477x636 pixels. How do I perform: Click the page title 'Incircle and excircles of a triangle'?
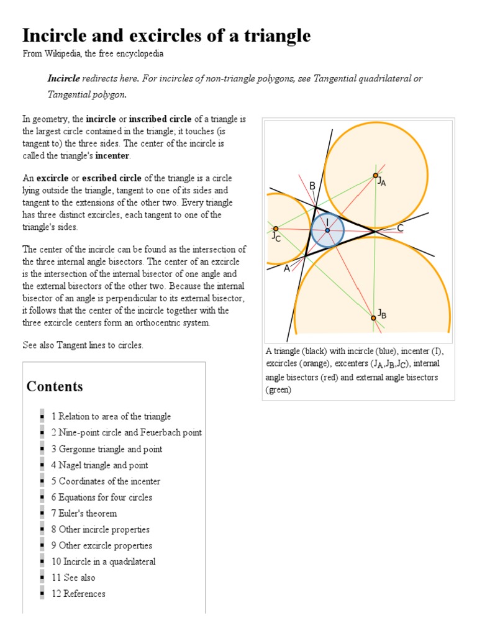coord(166,35)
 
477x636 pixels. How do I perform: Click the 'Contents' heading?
coord(55,386)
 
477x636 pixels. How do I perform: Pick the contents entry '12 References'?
coord(78,594)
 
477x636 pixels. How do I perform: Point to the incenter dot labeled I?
coord(328,230)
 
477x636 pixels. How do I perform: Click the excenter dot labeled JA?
coord(375,176)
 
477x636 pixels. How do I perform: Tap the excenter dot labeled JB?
coord(373,317)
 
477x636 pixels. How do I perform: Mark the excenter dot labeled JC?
coord(276,229)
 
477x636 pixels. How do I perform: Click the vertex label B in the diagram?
coord(312,186)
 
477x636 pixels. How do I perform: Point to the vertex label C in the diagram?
coord(400,228)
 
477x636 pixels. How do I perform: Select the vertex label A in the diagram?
coord(286,268)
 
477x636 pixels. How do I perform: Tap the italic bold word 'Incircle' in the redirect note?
coord(63,79)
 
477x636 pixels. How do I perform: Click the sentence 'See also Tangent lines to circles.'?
coord(83,345)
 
